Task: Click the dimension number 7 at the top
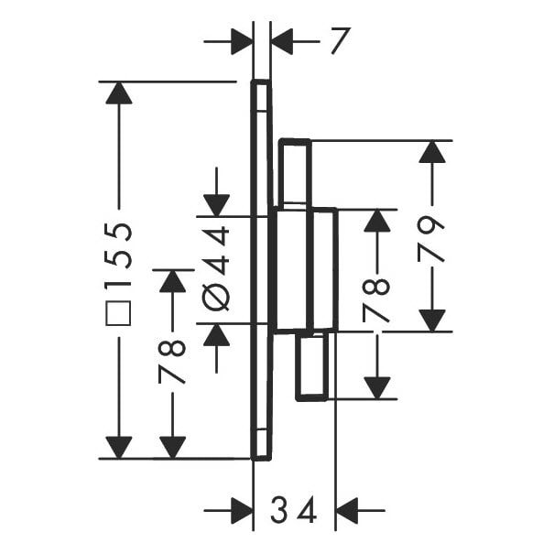(341, 41)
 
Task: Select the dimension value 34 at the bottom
(294, 510)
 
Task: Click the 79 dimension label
(431, 239)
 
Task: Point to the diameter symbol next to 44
(216, 297)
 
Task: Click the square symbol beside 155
(118, 313)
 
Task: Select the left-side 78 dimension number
(172, 362)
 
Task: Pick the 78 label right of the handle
(376, 300)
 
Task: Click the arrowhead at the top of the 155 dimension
(119, 92)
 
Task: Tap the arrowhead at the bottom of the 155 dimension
(119, 448)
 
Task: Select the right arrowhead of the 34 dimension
(347, 511)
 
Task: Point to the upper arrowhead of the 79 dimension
(431, 152)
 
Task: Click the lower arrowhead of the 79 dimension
(431, 320)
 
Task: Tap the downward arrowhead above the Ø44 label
(217, 205)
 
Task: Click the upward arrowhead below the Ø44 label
(217, 334)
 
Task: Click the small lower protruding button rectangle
(311, 366)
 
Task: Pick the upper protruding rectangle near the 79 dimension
(295, 172)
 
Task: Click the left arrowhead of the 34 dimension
(242, 511)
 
